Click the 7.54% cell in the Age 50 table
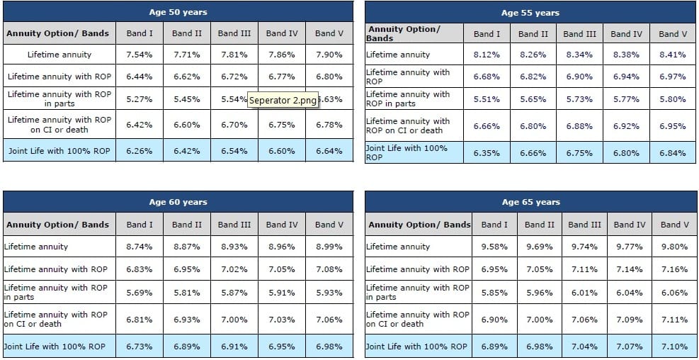point(140,55)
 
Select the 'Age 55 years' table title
point(530,13)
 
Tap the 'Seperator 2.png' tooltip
point(283,100)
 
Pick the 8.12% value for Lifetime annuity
point(487,55)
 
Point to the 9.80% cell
point(674,247)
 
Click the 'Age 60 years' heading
point(178,202)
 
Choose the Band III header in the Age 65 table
point(584,225)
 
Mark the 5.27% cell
point(140,99)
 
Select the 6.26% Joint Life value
point(140,151)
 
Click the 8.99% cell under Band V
point(329,247)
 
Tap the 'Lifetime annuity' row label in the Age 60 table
point(36,247)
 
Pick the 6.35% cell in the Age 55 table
point(487,153)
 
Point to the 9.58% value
point(494,247)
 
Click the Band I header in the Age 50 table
point(140,33)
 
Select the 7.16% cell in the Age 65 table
point(674,269)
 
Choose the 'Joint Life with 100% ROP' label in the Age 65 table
point(417,347)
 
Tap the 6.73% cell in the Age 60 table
point(140,347)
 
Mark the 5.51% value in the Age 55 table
point(487,99)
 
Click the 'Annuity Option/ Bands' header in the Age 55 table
point(404,33)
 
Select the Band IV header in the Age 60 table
point(282,225)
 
